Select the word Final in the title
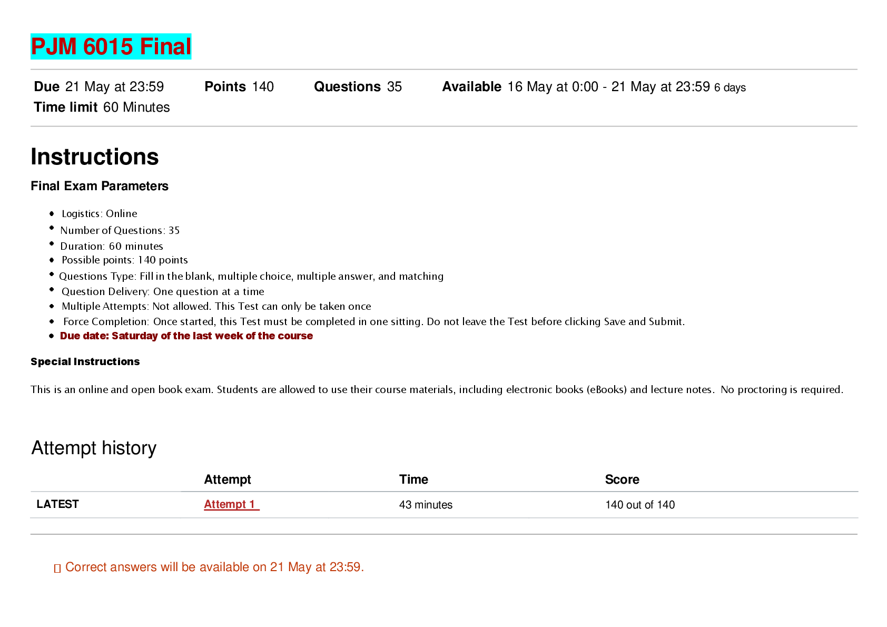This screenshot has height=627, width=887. [x=165, y=47]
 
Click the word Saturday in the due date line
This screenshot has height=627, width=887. [x=134, y=336]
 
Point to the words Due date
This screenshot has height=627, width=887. [x=84, y=336]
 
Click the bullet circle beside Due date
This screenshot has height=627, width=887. [x=52, y=336]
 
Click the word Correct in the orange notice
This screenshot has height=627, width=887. [x=85, y=567]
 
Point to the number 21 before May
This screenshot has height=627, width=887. [x=277, y=567]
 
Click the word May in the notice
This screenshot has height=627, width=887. [x=300, y=567]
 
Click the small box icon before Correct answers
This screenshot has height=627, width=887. [x=57, y=568]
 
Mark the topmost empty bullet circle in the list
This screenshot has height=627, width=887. [x=52, y=213]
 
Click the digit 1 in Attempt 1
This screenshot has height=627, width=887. [x=252, y=504]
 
